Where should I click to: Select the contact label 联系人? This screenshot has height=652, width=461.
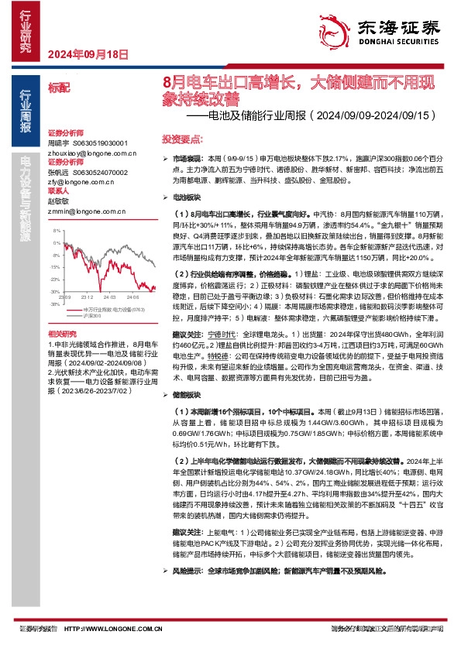[59, 190]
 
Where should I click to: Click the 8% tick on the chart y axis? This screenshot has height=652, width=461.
[56, 231]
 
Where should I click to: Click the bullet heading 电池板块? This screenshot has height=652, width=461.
[184, 197]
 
